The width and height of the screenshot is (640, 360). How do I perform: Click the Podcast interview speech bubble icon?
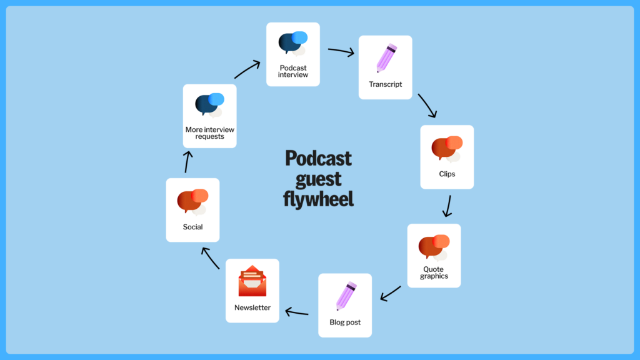(x=292, y=43)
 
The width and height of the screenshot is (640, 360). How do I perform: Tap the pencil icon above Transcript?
(x=386, y=58)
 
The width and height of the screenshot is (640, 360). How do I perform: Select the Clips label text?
(x=447, y=174)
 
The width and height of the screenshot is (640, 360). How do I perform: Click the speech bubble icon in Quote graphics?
(x=434, y=246)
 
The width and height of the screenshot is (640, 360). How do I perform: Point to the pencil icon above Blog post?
(x=346, y=296)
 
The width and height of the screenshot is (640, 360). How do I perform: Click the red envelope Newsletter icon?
(x=252, y=282)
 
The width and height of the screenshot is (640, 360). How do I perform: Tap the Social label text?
(x=192, y=227)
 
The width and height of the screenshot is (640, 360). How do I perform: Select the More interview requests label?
(x=209, y=133)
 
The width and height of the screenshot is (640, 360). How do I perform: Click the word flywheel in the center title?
(x=318, y=199)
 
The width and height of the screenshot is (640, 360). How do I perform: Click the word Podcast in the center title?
(x=318, y=157)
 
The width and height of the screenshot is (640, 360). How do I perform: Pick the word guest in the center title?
(x=318, y=179)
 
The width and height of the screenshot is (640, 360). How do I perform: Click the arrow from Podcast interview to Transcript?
(x=341, y=52)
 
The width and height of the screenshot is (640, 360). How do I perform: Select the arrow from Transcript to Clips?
(x=427, y=106)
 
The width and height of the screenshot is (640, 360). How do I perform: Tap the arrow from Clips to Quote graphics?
(x=447, y=206)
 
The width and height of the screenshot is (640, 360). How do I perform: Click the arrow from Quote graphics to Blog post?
(x=391, y=292)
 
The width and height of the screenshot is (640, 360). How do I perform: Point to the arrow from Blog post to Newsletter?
(x=297, y=312)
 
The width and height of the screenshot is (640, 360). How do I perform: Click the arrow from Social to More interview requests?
(x=187, y=161)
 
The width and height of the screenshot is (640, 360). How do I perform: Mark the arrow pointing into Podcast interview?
(x=248, y=69)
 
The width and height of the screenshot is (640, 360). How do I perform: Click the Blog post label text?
(x=345, y=322)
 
